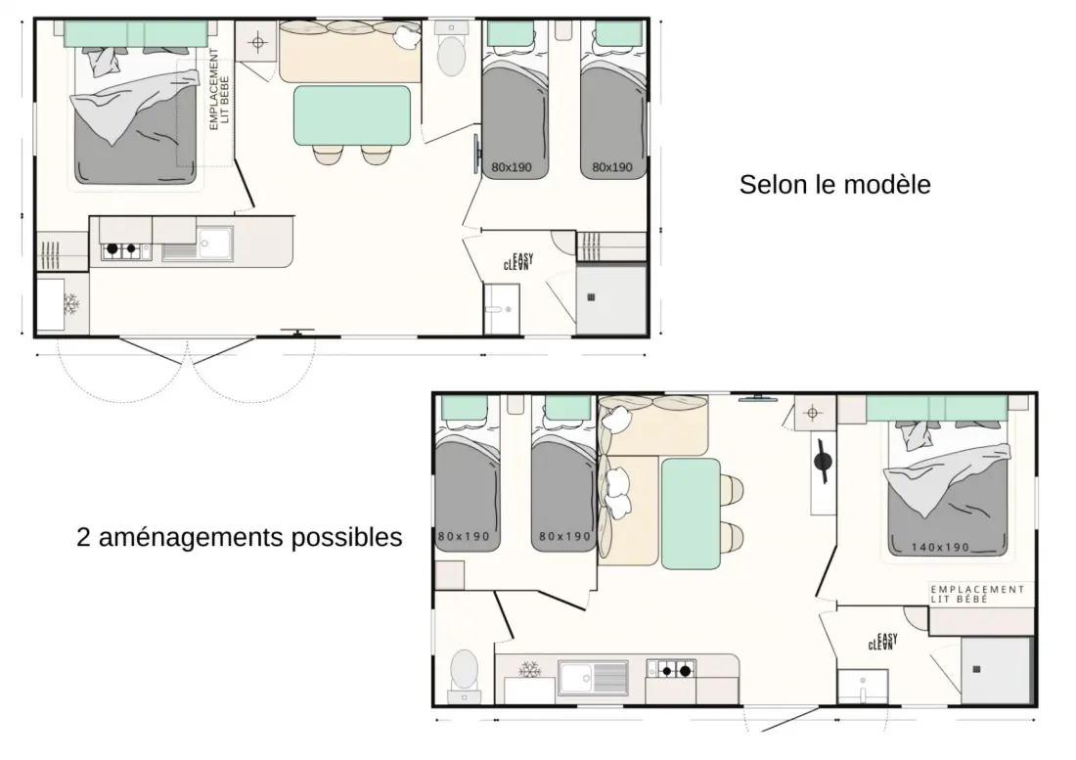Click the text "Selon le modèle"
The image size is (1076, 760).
(x=834, y=185)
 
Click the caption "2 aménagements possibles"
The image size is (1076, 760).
(x=240, y=537)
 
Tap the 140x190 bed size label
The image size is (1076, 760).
(x=940, y=548)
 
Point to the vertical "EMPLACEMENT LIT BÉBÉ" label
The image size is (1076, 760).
(x=219, y=89)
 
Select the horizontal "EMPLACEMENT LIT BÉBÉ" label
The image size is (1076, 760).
(x=977, y=594)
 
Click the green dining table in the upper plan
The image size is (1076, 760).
(x=352, y=115)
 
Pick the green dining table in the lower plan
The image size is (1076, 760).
(x=691, y=514)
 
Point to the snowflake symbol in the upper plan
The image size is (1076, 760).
(x=70, y=303)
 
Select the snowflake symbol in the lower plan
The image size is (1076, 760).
(x=529, y=669)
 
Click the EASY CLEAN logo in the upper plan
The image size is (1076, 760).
(x=518, y=262)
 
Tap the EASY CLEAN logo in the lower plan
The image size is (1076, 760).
(x=883, y=642)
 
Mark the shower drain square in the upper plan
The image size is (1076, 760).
(x=591, y=297)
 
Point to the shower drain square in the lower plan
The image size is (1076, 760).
(x=976, y=669)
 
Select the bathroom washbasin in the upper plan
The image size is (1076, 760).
(x=502, y=309)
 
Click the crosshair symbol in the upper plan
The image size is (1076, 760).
(x=258, y=43)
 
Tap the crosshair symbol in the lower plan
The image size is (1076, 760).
(x=813, y=413)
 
